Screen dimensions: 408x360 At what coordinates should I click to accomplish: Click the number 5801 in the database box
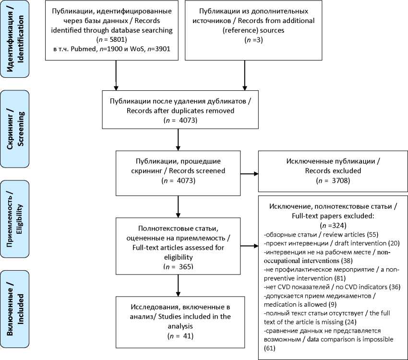click(x=117, y=39)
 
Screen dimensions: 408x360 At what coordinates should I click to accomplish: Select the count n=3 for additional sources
click(x=254, y=40)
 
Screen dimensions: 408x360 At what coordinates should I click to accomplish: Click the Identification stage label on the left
click(x=15, y=39)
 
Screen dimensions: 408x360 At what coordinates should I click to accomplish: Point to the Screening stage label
click(x=15, y=129)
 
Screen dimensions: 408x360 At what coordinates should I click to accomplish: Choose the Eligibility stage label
click(x=15, y=219)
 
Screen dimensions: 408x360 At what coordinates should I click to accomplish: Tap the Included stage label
click(x=15, y=309)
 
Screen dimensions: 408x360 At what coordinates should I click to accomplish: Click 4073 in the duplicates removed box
click(x=187, y=120)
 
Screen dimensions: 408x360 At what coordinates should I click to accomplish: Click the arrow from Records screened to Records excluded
click(x=249, y=174)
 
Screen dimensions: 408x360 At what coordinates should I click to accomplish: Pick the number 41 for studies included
click(x=187, y=336)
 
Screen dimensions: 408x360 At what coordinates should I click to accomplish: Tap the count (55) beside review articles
click(x=372, y=235)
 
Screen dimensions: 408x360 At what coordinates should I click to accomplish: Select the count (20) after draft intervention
click(x=394, y=243)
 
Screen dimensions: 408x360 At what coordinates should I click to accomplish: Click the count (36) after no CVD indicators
click(x=395, y=287)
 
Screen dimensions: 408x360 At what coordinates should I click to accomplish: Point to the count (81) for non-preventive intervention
click(x=340, y=278)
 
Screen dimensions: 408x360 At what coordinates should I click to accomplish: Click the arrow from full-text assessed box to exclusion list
click(x=249, y=246)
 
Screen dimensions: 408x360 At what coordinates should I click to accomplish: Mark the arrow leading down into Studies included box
click(x=178, y=285)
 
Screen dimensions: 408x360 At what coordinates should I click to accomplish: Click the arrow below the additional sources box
click(x=245, y=75)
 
